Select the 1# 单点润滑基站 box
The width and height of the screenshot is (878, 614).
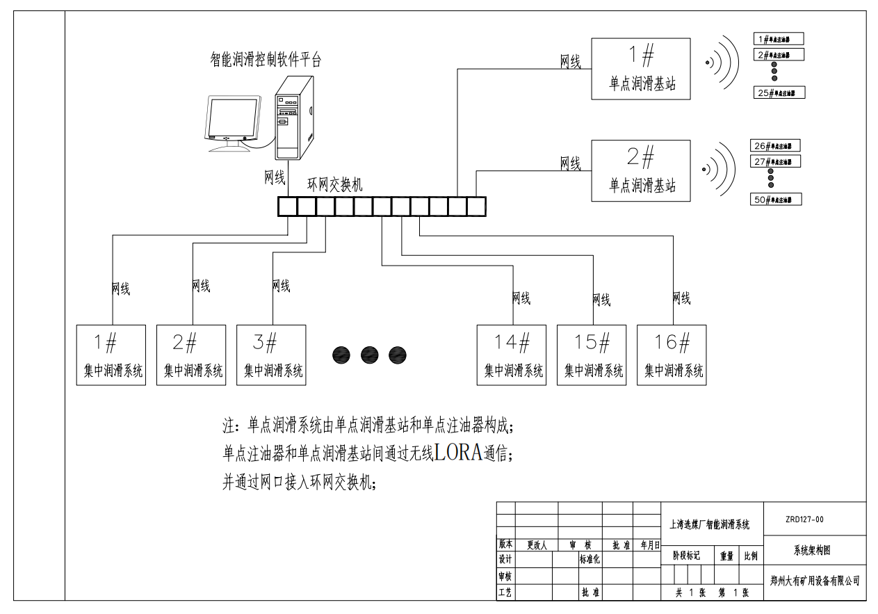[641, 68]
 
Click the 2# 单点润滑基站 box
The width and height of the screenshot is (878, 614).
[641, 170]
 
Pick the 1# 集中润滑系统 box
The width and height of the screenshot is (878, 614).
[112, 355]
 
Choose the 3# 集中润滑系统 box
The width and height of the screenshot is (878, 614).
[272, 355]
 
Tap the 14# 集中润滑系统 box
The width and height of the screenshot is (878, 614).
[513, 355]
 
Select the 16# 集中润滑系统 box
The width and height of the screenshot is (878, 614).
[673, 355]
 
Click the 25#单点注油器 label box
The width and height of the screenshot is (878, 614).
[779, 92]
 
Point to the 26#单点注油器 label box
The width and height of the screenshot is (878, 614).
[776, 146]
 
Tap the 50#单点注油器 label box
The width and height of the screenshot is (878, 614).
[776, 200]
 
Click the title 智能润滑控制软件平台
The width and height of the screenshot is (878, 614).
[266, 60]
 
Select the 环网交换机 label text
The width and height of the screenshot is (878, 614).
[335, 185]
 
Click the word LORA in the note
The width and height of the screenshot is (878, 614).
[458, 453]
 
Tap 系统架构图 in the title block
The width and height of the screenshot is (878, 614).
[812, 550]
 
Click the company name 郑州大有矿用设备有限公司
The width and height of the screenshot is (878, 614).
[815, 580]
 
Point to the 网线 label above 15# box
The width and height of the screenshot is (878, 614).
[601, 300]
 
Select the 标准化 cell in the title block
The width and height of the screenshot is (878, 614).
[590, 559]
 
